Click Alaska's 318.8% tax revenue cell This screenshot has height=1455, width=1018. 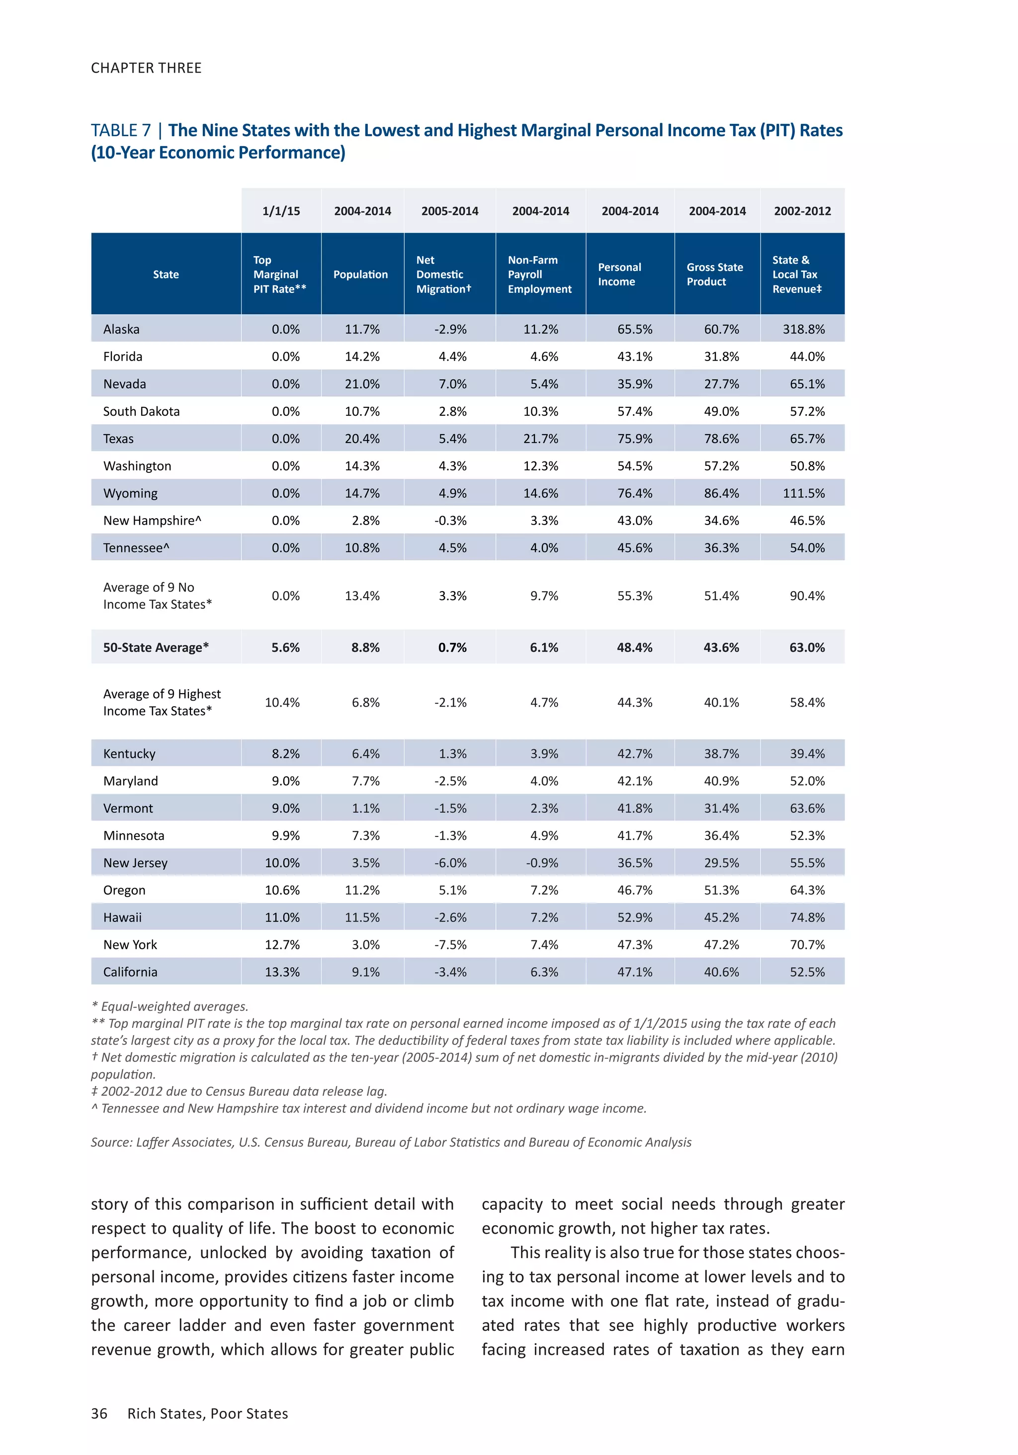point(803,329)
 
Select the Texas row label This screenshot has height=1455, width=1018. point(118,439)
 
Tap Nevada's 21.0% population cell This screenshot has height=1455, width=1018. point(362,384)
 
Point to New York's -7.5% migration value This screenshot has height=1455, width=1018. point(450,945)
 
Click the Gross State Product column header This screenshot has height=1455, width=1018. point(715,274)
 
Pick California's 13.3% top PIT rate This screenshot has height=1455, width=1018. point(282,972)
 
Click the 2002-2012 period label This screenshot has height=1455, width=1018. point(802,211)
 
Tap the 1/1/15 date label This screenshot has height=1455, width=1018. point(281,211)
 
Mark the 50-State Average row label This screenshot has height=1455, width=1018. point(156,647)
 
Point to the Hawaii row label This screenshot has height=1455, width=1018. point(122,917)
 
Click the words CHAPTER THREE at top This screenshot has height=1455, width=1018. point(146,68)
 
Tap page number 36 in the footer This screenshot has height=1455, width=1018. point(99,1413)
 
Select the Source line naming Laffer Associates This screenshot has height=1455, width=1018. point(391,1142)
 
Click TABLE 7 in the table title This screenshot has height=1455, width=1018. point(120,131)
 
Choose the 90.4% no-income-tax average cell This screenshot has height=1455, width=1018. point(806,596)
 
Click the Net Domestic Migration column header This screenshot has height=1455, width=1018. point(443,274)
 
